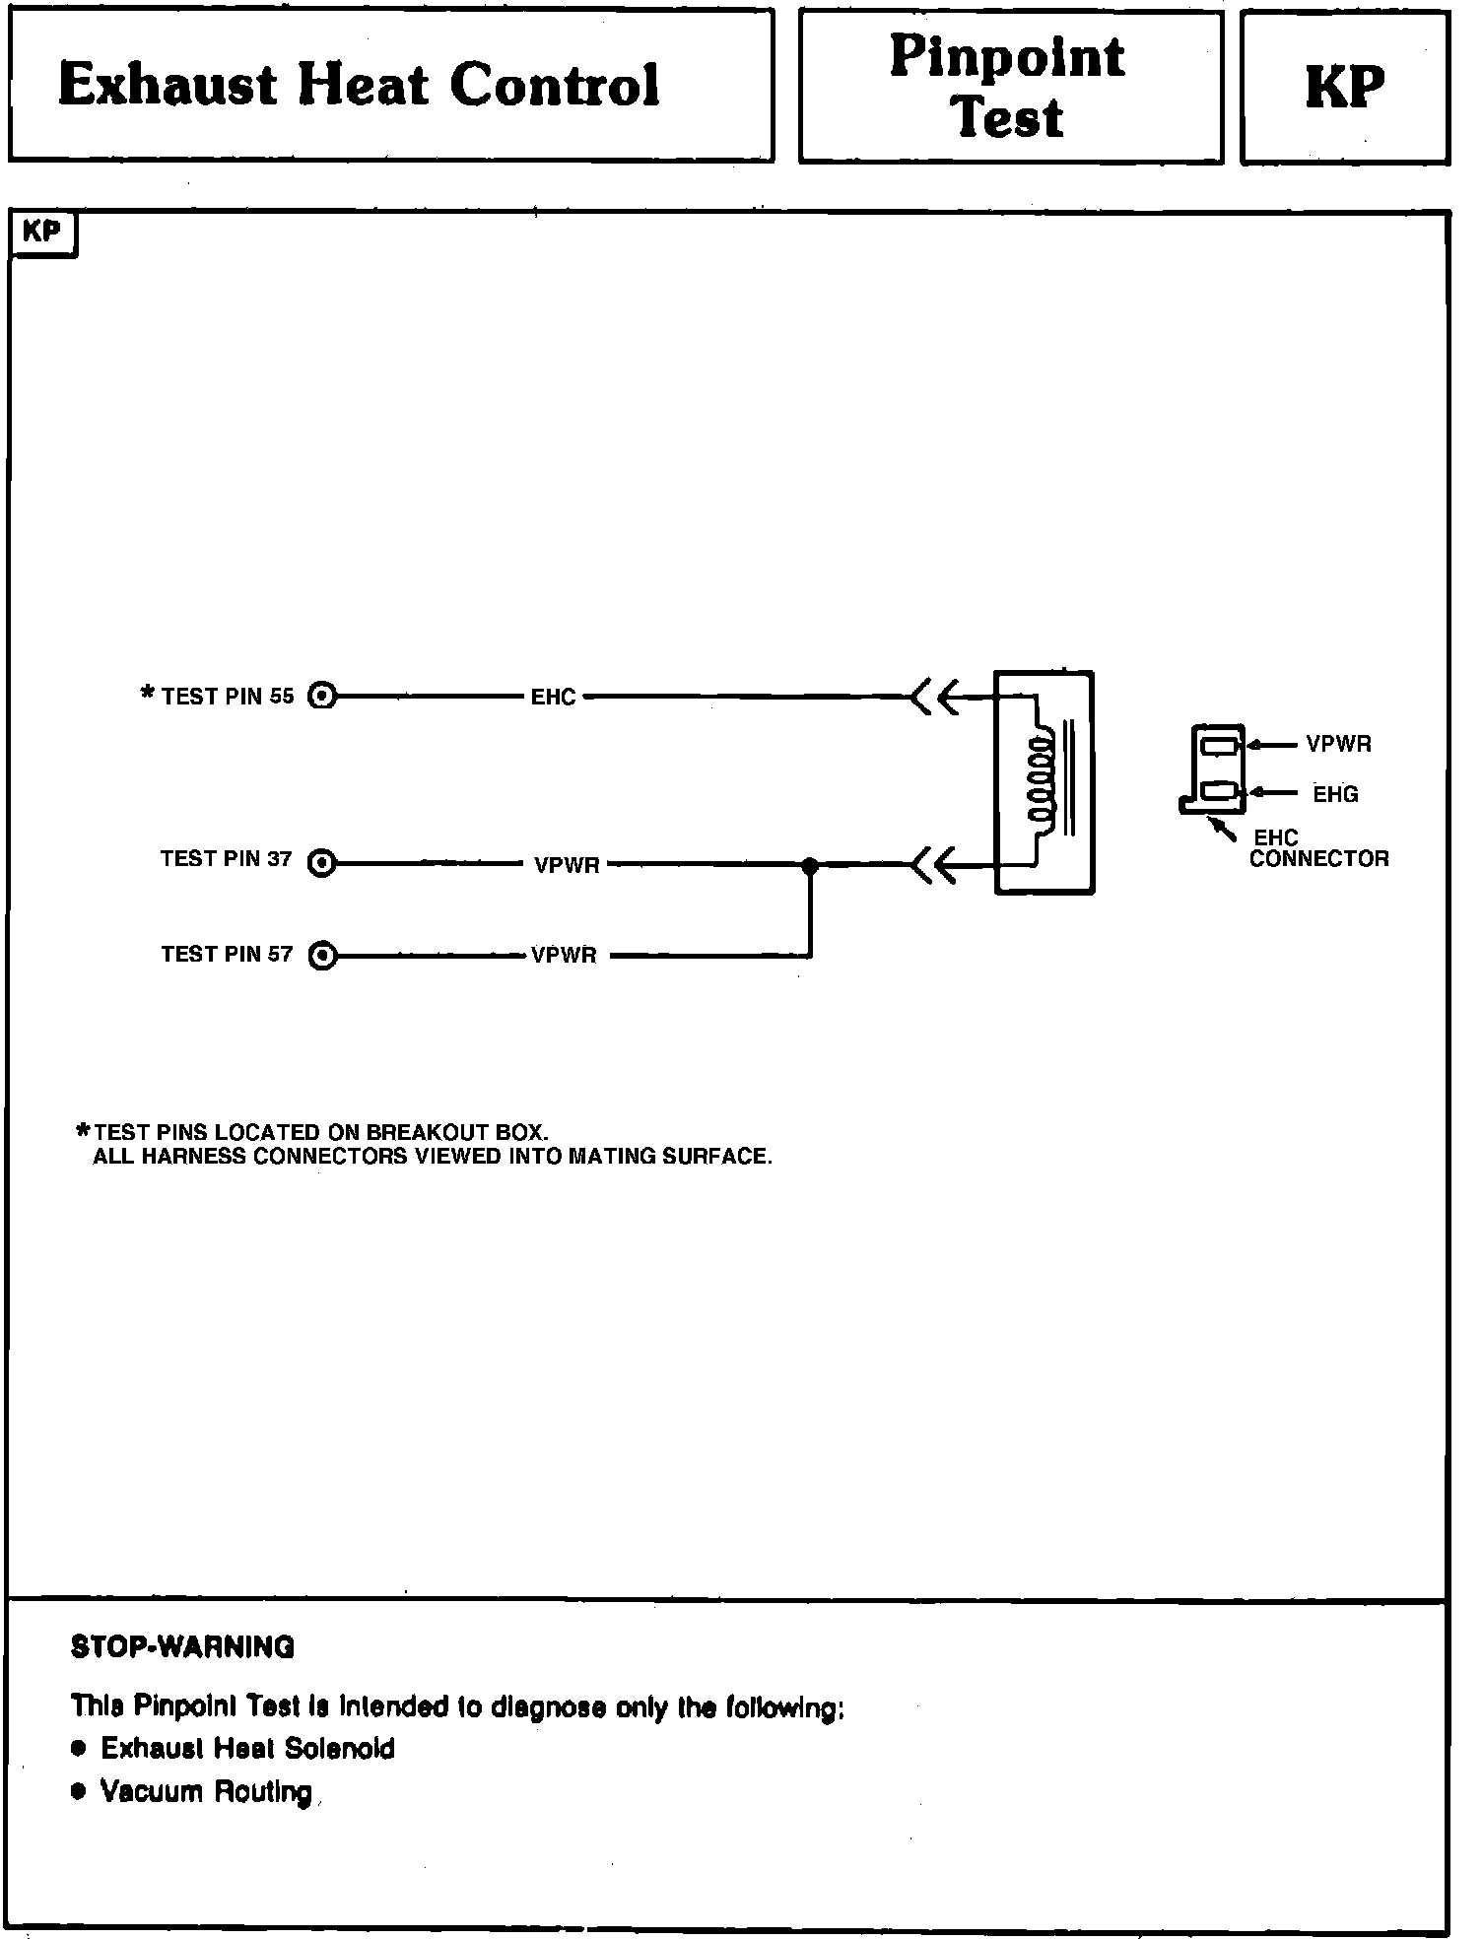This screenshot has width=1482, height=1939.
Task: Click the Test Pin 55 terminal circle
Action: coord(322,697)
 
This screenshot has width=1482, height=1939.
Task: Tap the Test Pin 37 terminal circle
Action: coord(322,864)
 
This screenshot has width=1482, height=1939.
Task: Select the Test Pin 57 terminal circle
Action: coord(322,956)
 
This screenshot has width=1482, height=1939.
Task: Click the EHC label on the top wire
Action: coord(553,698)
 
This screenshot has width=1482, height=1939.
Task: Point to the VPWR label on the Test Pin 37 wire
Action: coord(567,866)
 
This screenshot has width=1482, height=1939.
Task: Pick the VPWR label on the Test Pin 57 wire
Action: coord(564,956)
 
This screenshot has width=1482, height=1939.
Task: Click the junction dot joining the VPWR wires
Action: coord(810,865)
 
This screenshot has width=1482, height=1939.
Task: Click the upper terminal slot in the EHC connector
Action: coord(1219,746)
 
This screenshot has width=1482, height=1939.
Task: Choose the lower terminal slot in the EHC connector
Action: coord(1219,790)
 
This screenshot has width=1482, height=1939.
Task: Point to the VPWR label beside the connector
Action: coord(1338,745)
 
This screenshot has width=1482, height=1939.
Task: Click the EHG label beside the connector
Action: coord(1335,794)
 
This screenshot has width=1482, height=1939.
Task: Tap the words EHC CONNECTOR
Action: coord(1318,849)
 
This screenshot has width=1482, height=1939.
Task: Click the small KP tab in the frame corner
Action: coord(41,234)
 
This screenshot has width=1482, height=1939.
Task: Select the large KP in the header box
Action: coord(1344,87)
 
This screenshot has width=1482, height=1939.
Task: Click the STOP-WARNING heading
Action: coord(182,1647)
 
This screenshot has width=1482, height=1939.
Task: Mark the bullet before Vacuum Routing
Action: coord(79,1790)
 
